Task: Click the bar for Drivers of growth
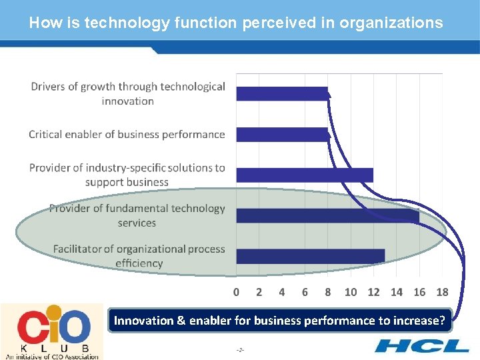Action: click(x=282, y=93)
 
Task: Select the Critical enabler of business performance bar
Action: click(x=282, y=134)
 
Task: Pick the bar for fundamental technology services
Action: click(x=327, y=215)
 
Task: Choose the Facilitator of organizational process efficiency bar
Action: click(x=310, y=256)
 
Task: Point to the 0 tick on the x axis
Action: click(x=236, y=292)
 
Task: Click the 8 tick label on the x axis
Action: click(x=327, y=292)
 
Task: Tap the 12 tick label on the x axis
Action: click(x=373, y=292)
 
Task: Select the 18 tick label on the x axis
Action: click(x=442, y=292)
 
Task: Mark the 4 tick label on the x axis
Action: click(x=282, y=292)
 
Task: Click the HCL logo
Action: click(x=421, y=345)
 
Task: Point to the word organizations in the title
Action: click(x=391, y=23)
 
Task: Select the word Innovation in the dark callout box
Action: click(x=143, y=321)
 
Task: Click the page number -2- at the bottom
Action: click(x=240, y=350)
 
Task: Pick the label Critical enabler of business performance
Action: click(x=127, y=135)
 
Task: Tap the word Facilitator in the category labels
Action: click(x=83, y=249)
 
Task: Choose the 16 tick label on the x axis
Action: click(x=419, y=292)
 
